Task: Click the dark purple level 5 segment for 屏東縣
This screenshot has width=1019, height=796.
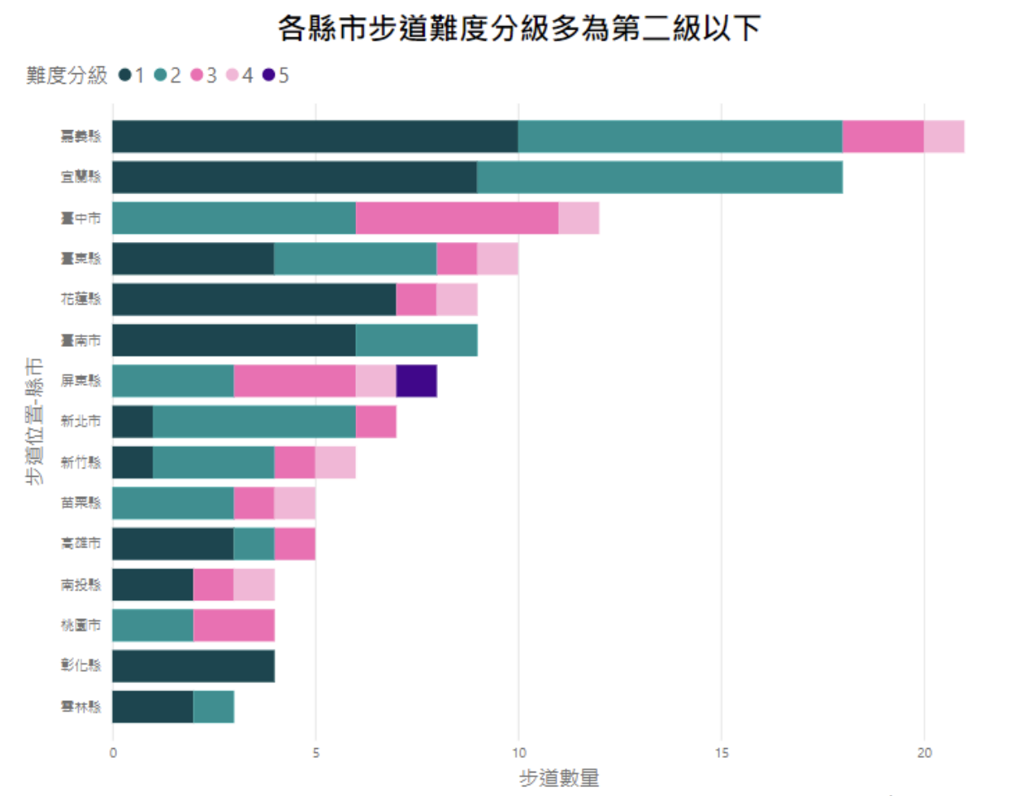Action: point(416,381)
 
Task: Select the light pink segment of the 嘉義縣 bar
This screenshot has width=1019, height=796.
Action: point(943,136)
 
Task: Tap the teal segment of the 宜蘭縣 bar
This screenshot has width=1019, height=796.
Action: point(659,177)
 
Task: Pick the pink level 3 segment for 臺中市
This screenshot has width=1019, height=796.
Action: point(457,218)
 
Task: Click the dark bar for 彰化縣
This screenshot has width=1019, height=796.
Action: point(193,666)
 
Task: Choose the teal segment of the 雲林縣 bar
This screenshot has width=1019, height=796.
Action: point(214,707)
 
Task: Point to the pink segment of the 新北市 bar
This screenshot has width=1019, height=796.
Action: point(375,422)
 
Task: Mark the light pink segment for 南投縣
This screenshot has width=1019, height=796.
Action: point(254,585)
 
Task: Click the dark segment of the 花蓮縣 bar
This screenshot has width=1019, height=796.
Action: point(254,299)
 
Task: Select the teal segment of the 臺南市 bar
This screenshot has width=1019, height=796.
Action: point(416,340)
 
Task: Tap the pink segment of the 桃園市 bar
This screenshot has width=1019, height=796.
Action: point(234,625)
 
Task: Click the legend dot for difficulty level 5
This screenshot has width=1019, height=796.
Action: point(268,76)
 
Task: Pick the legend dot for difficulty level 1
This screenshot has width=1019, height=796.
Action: point(125,76)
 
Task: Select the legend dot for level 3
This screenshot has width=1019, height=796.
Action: point(197,76)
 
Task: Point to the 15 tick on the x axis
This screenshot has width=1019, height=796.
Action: point(722,753)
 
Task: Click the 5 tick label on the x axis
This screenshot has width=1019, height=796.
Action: point(316,753)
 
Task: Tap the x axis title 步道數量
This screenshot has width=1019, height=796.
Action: point(559,778)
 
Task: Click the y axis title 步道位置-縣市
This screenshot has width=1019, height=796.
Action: point(34,421)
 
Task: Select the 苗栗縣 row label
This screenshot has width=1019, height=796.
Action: point(81,503)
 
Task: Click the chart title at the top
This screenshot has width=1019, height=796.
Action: point(519,28)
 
